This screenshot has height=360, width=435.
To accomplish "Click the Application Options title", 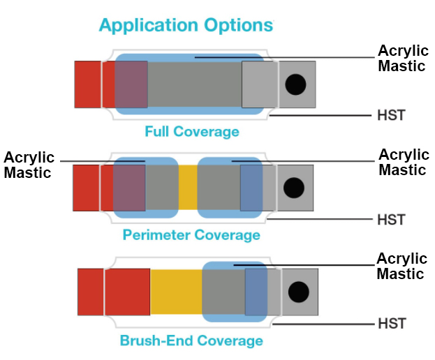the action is [x=186, y=26].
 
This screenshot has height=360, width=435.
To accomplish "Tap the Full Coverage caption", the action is [x=192, y=131].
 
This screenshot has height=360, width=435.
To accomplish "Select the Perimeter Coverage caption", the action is [x=191, y=235].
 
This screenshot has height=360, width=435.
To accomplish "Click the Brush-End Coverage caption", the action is [x=191, y=340].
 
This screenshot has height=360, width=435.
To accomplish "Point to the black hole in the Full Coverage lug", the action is [x=295, y=84].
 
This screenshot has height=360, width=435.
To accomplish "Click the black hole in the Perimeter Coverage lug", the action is [x=294, y=188].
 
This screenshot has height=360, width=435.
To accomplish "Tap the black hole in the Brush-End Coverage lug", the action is [x=299, y=292].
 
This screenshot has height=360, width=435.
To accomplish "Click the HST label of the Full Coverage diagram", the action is [x=391, y=115].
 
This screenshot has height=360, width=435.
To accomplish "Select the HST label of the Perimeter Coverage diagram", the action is [x=391, y=220].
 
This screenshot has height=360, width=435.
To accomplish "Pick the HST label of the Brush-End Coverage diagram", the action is [x=392, y=324].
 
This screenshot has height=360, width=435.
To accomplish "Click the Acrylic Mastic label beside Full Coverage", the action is [x=403, y=58].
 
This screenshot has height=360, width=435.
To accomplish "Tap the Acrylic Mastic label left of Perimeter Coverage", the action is [x=29, y=165].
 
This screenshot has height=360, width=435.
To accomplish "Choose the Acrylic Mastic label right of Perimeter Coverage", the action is [x=404, y=162].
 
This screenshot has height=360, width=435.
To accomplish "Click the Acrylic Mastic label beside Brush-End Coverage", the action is [x=402, y=266].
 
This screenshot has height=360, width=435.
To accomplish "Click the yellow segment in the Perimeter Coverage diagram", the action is [x=188, y=188].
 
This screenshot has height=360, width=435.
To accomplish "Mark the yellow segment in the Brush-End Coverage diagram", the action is [x=176, y=292].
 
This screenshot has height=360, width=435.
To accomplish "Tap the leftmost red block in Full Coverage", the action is [x=88, y=84].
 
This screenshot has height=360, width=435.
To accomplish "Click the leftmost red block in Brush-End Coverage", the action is [x=91, y=292].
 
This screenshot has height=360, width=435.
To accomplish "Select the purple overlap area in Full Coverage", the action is [x=131, y=84].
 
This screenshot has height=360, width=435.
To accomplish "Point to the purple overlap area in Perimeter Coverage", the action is [x=129, y=188].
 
